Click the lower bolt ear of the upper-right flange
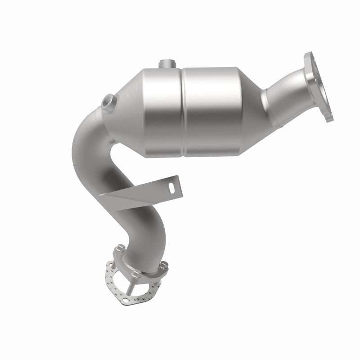pos(328,115)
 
